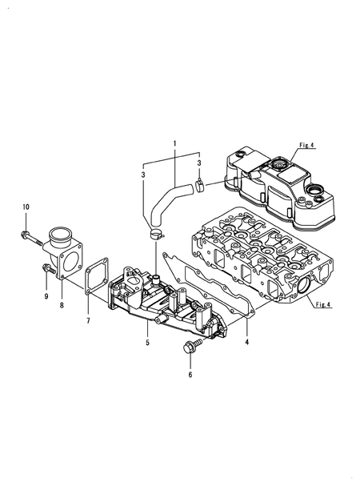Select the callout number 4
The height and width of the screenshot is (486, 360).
pyautogui.click(x=246, y=342)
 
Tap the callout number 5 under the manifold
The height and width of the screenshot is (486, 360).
pyautogui.click(x=147, y=343)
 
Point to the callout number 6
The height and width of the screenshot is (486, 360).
pyautogui.click(x=190, y=374)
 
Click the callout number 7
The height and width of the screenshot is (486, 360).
pyautogui.click(x=87, y=320)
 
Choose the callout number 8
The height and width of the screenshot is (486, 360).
pyautogui.click(x=62, y=304)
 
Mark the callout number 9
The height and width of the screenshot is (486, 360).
pyautogui.click(x=46, y=296)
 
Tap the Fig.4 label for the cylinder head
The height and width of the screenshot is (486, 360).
pyautogui.click(x=321, y=305)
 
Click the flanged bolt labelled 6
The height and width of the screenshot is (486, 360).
pyautogui.click(x=190, y=348)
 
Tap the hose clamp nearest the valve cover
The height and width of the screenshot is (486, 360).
pyautogui.click(x=199, y=188)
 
